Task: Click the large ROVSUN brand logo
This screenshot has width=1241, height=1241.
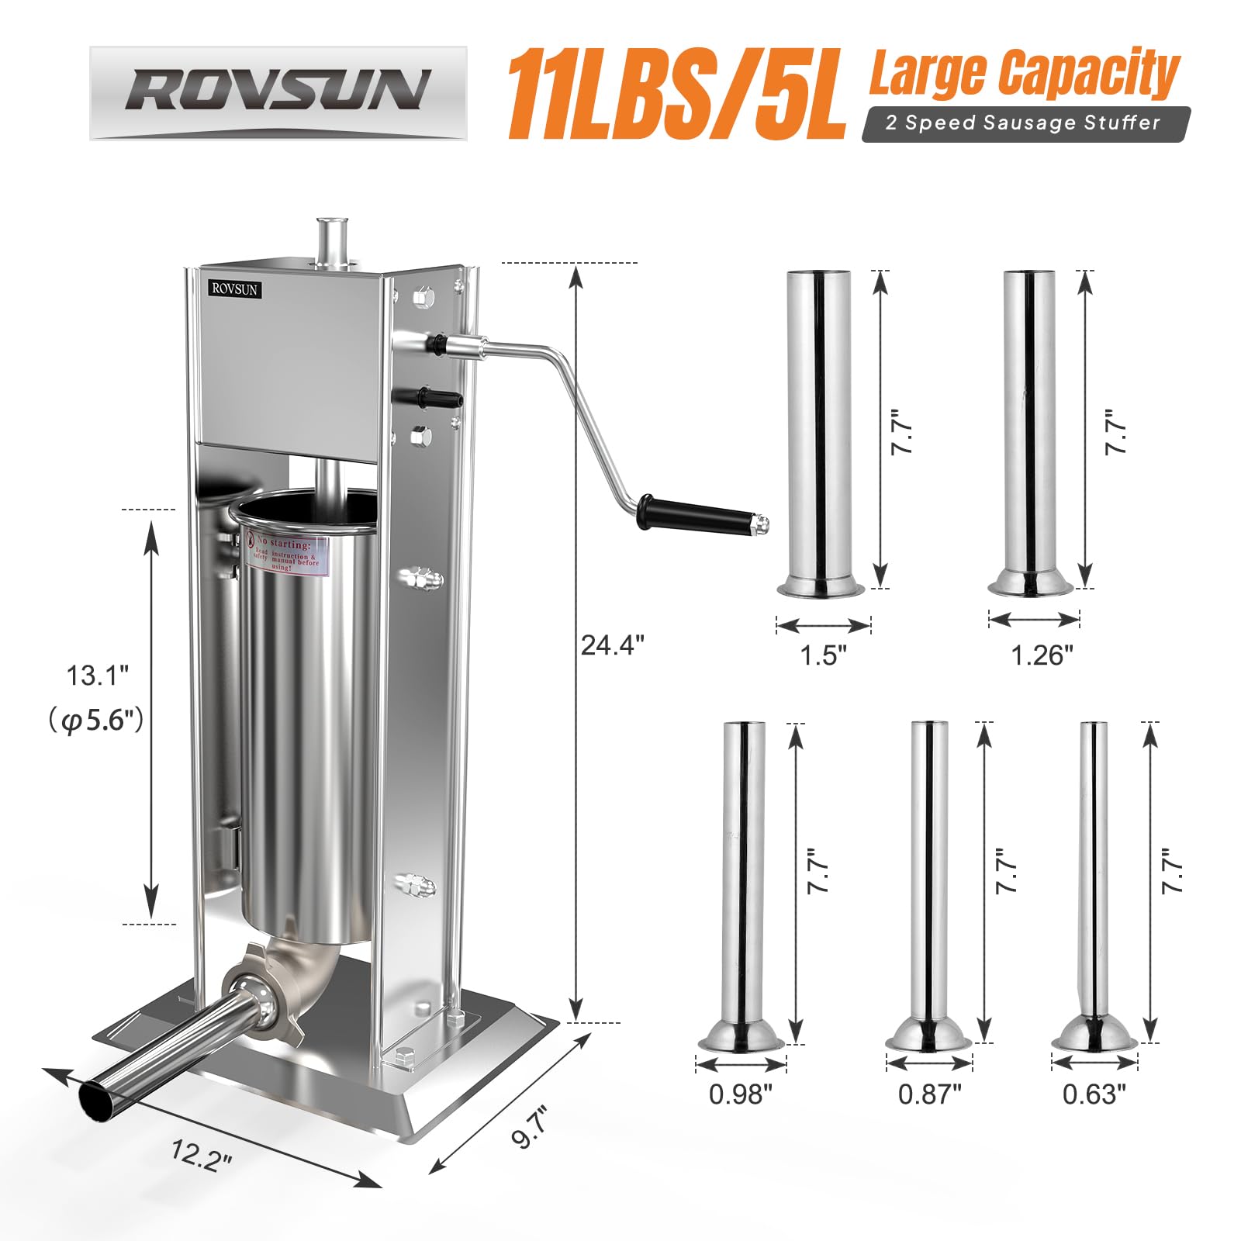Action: [x=278, y=92]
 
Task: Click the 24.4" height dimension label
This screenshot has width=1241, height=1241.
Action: [x=612, y=645]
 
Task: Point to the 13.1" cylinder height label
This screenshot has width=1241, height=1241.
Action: [x=97, y=676]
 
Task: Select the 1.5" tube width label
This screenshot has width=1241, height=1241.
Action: [x=823, y=655]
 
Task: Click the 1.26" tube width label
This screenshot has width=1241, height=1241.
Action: [x=1042, y=655]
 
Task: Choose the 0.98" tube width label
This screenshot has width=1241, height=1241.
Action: [x=741, y=1094]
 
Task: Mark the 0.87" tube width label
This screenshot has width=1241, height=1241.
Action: [x=929, y=1094]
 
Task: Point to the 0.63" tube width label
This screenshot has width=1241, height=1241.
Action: [x=1094, y=1094]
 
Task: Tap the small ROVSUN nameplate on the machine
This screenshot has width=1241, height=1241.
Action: [x=235, y=289]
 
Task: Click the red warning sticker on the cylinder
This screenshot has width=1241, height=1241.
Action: [x=287, y=551]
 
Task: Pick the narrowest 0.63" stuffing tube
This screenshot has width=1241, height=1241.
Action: [x=1093, y=876]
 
